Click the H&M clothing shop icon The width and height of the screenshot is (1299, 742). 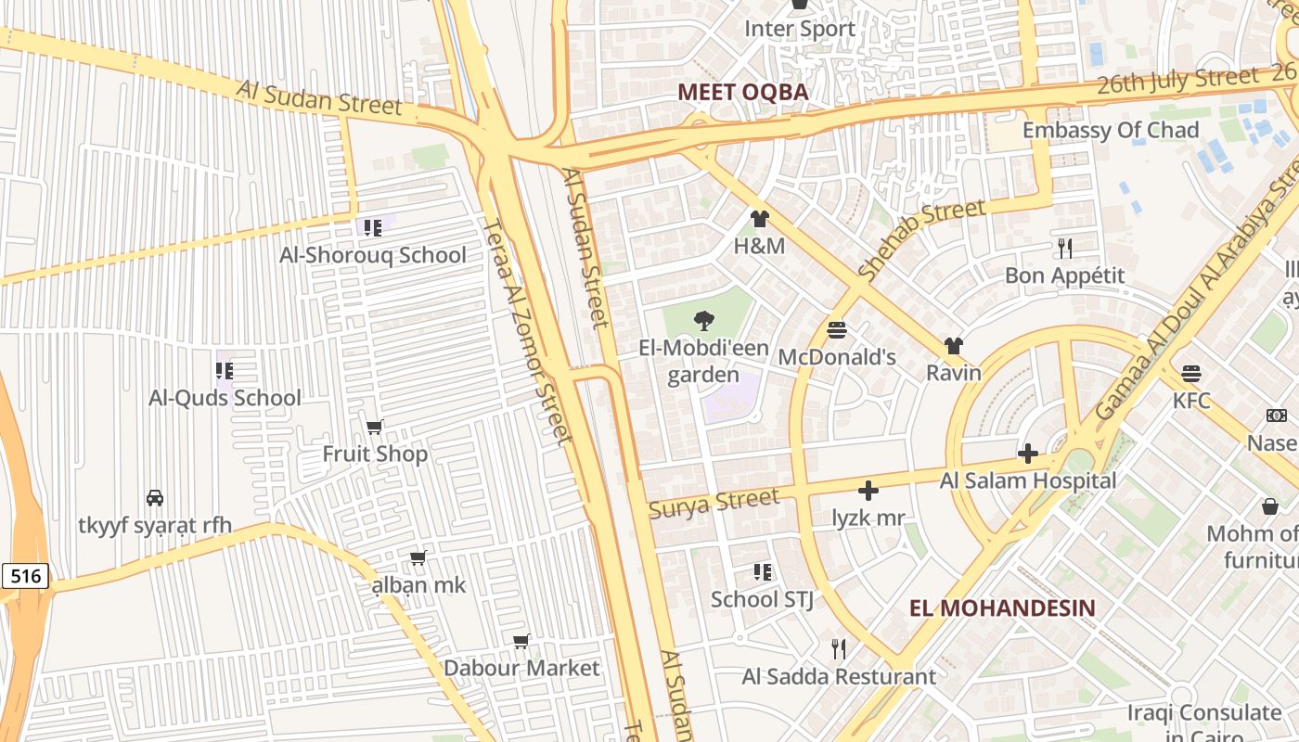coord(760,220)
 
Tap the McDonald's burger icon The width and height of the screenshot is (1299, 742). coord(837,330)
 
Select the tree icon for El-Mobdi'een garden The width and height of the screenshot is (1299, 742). coord(704,322)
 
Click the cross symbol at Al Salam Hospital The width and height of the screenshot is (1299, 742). coord(1027,454)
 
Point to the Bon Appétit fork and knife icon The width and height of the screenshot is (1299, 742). coord(1065,249)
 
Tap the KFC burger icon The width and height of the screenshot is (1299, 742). coord(1191,374)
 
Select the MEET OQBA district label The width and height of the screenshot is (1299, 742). coord(742,92)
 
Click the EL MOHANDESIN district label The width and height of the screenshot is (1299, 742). coord(1002,608)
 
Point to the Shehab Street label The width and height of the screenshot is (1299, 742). coord(920,239)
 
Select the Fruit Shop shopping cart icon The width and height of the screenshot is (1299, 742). coord(375,427)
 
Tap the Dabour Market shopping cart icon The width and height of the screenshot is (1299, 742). coord(521,642)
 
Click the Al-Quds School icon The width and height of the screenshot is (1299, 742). coord(224,371)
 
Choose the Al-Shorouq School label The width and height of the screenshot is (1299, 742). coord(373,255)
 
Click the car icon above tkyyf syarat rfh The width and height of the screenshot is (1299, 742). coord(155,498)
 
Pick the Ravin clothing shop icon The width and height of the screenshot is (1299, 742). coord(953,346)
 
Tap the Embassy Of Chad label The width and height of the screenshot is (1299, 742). coord(1111,130)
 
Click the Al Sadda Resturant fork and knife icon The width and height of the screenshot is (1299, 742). coord(839,649)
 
